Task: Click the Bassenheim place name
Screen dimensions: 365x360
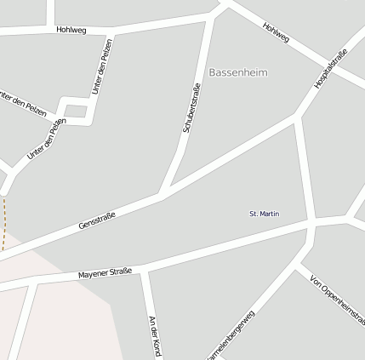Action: coord(237,73)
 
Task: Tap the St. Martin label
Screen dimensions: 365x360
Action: coord(264,213)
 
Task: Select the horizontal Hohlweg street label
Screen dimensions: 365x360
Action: coord(71,30)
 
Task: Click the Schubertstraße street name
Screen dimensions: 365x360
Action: coord(191,107)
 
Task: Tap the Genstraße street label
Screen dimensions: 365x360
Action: coord(96,218)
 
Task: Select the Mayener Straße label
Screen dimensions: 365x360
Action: coord(105,274)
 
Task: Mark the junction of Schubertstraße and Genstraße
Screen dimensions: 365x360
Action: coord(162,196)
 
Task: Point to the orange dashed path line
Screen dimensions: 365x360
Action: coord(4,223)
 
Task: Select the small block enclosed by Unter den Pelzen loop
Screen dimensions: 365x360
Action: coord(77,109)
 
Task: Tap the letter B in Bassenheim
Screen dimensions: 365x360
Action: coord(212,73)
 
